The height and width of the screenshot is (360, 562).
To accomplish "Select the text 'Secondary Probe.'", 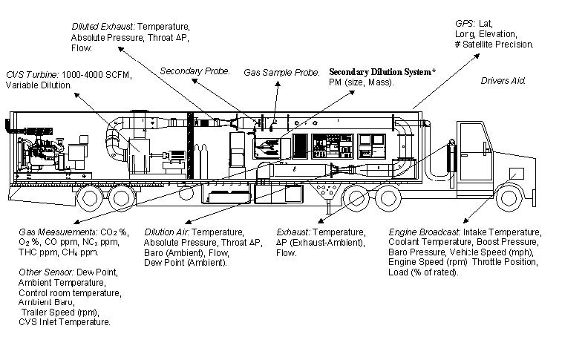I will (x=191, y=71).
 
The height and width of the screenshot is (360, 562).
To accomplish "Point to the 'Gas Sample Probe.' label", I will (x=282, y=72).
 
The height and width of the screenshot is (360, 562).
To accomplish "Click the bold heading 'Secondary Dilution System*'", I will (x=382, y=72).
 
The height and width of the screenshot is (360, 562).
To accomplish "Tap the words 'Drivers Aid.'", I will (x=503, y=80).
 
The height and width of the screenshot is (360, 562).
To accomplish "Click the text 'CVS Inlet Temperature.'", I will (x=66, y=322).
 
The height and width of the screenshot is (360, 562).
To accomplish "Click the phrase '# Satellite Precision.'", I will (x=494, y=45).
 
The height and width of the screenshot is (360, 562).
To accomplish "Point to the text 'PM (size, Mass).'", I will (x=362, y=82).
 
